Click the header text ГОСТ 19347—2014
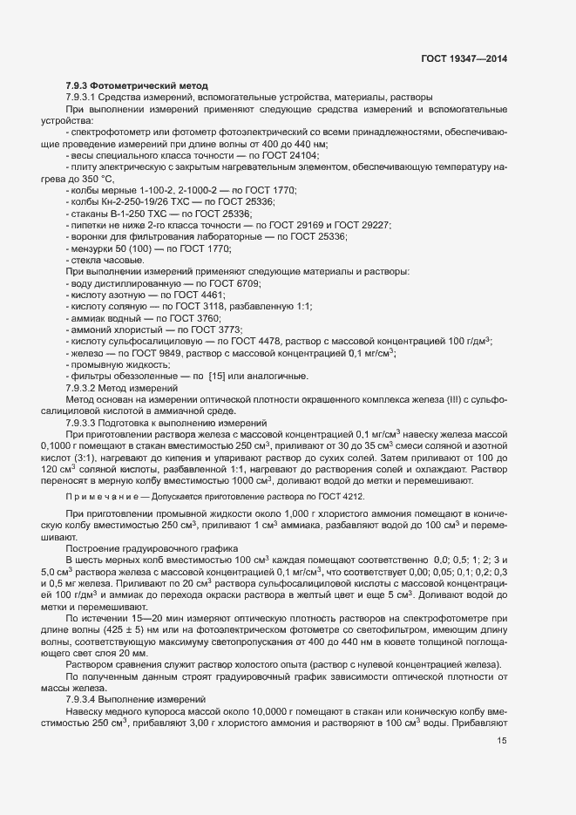pos(464,58)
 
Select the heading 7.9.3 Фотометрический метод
pos(137,85)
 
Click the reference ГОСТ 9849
pos(158,353)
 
